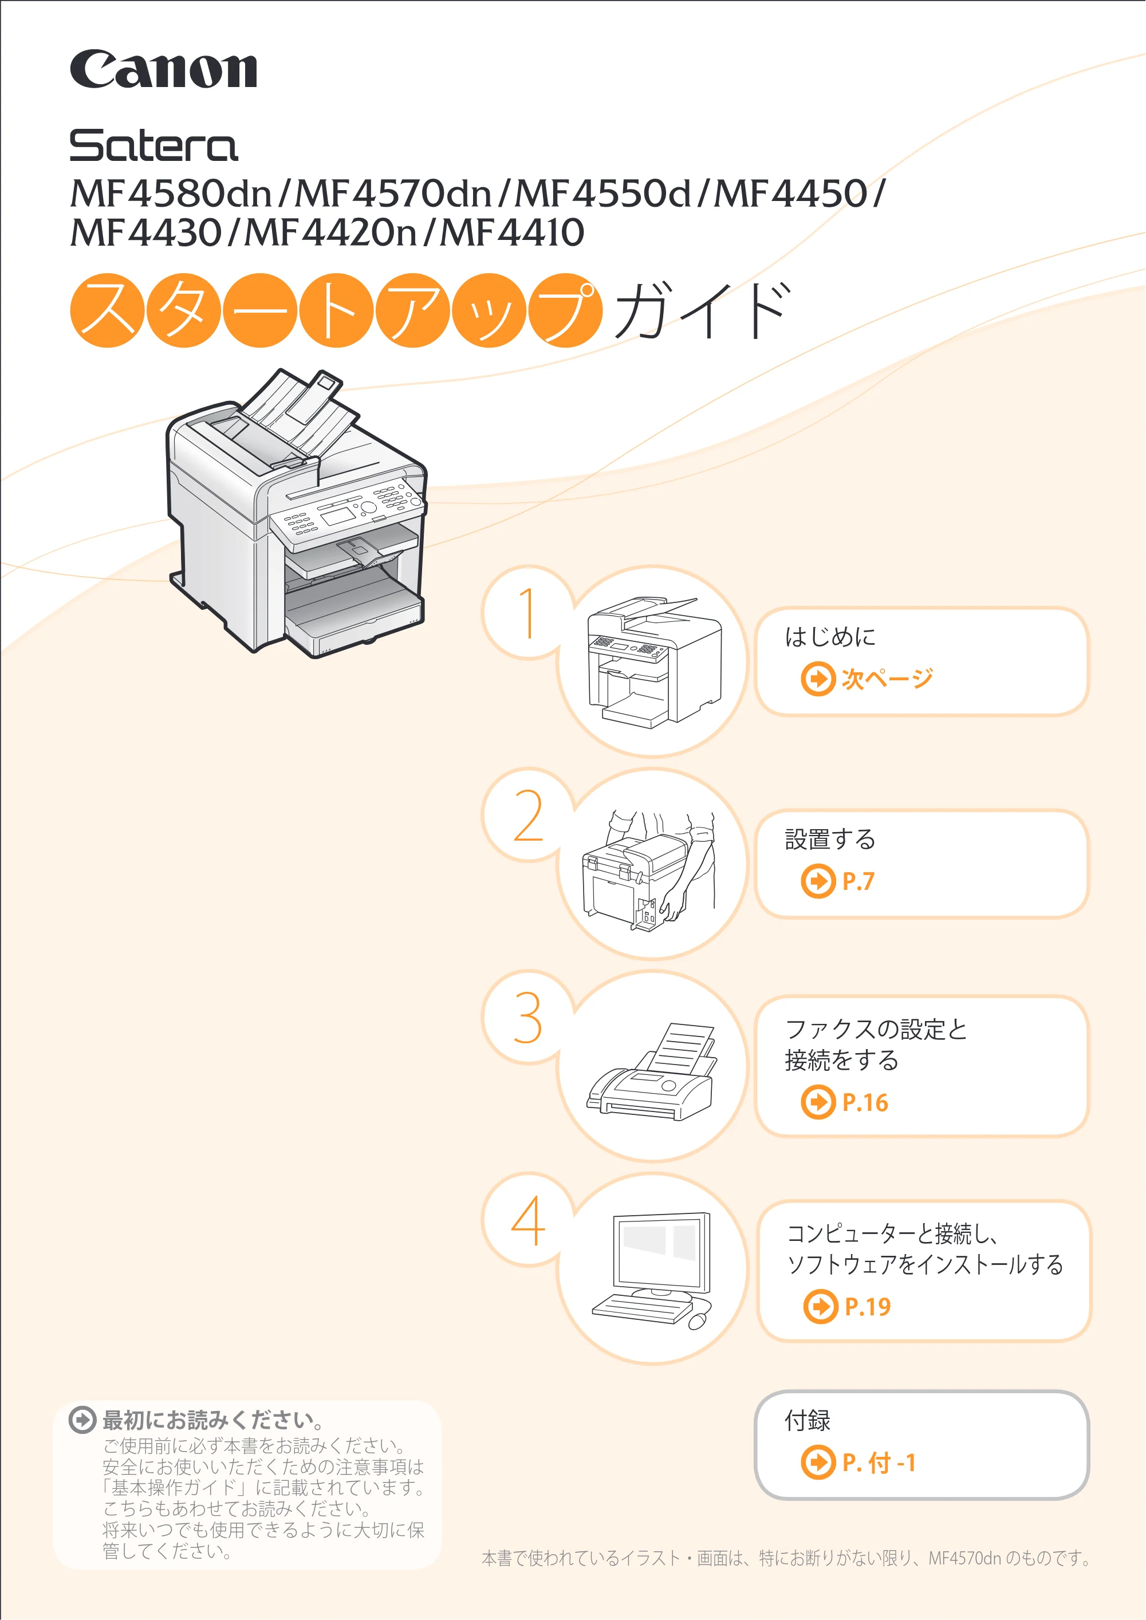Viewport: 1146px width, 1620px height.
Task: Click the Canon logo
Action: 163,69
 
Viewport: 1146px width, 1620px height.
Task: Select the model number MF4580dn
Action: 171,194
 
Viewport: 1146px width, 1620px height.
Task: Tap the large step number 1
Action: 527,613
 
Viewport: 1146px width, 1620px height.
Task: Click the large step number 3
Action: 528,1018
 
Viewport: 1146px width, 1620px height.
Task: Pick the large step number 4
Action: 528,1221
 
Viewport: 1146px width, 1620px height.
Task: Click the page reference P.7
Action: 858,881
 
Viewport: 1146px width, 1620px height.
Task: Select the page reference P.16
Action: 865,1103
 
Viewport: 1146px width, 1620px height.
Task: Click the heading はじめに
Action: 830,636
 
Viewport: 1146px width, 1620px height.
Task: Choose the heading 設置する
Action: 830,839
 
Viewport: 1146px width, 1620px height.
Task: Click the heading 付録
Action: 808,1420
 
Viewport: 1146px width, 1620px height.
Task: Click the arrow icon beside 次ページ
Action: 818,679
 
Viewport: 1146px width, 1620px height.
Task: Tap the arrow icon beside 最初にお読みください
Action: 82,1420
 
